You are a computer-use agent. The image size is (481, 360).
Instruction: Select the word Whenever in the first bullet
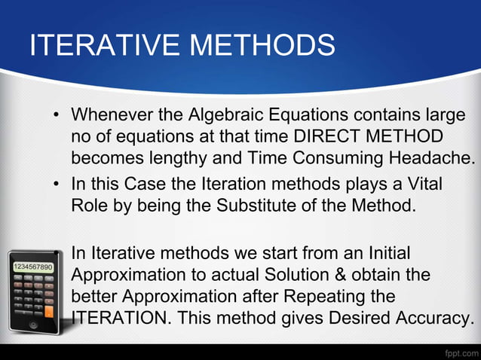click(114, 117)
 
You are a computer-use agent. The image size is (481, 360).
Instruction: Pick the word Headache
click(436, 158)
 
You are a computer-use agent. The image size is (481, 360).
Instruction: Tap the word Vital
click(424, 185)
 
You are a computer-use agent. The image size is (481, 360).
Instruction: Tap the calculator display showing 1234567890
click(31, 267)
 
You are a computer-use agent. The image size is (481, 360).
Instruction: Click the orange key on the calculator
click(48, 310)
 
